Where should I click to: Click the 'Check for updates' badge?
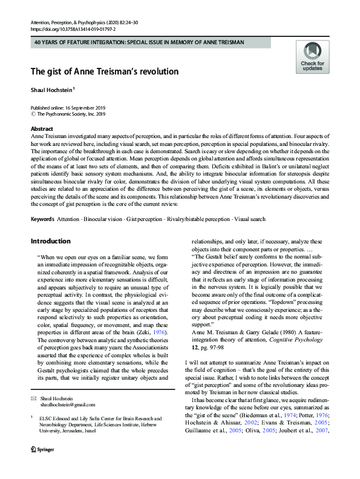pyautogui.click(x=312, y=58)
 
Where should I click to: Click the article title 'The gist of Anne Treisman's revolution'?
pyautogui.click(x=105, y=71)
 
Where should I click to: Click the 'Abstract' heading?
pyautogui.click(x=42, y=130)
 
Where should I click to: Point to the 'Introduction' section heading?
pyautogui.click(x=54, y=241)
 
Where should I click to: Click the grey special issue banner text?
pyautogui.click(x=131, y=42)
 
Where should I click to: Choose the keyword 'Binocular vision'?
pyautogui.click(x=100, y=219)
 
